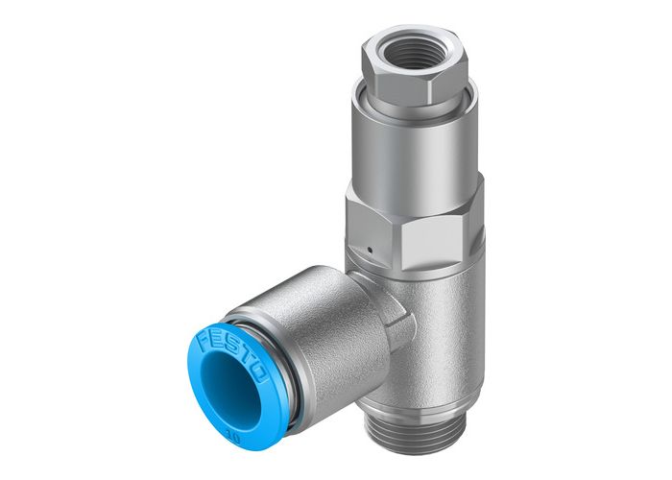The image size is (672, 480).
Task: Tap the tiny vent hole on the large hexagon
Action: tap(368, 251)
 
